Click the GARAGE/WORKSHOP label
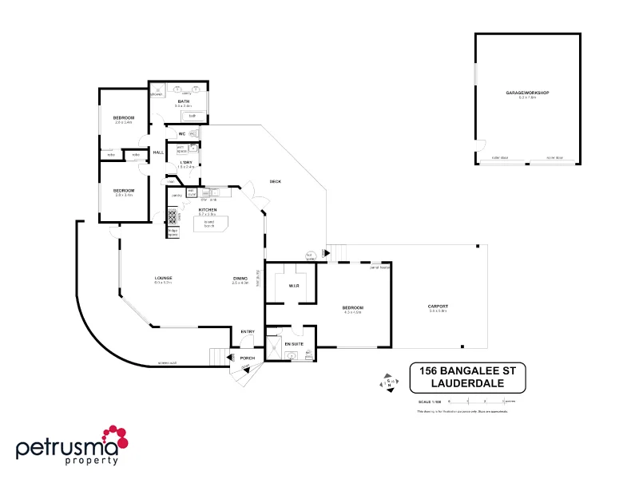[x=528, y=93]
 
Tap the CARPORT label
[x=438, y=307]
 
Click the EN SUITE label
[x=293, y=343]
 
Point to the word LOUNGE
[x=164, y=278]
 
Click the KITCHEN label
[x=208, y=210]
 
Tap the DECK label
[x=275, y=181]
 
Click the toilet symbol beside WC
[x=194, y=133]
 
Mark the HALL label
[x=158, y=152]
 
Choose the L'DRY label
[x=186, y=163]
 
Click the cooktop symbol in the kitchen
[x=172, y=215]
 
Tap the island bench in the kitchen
[x=210, y=224]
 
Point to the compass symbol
[x=388, y=382]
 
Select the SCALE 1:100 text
[x=429, y=401]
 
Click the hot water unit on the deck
[x=310, y=256]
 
